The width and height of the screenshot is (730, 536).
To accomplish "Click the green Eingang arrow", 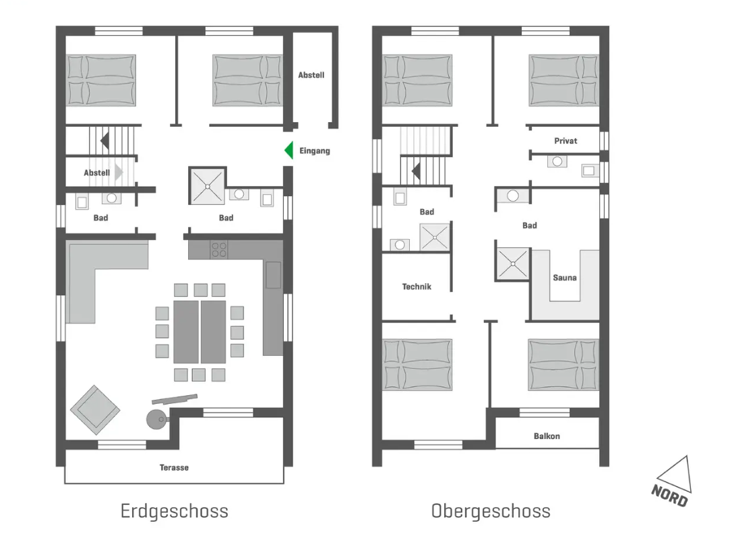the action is point(289,150).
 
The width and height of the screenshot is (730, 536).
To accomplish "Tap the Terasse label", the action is point(174,467).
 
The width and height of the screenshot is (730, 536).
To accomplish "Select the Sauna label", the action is point(565,278).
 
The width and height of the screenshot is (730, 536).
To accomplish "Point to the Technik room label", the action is point(417,287).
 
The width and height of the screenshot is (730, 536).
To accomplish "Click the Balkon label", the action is point(547,436).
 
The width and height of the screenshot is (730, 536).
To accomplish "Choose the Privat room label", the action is point(566,141).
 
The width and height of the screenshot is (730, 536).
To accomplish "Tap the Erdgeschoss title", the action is point(174,511).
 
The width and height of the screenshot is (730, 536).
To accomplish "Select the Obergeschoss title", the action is point(491,511).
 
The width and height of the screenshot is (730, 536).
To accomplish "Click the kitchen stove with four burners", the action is point(219,249).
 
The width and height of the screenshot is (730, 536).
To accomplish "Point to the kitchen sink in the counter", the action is point(273,275).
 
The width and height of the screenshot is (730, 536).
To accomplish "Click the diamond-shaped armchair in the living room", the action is point(95,410).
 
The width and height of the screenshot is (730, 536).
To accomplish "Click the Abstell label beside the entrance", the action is point(311,75).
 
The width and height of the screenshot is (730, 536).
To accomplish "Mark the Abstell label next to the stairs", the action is point(97,173).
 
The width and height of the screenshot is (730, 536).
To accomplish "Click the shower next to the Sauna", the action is point(512,264).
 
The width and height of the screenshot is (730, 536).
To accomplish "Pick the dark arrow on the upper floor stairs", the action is point(416,171).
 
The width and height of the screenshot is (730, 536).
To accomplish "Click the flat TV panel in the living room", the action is point(175,399).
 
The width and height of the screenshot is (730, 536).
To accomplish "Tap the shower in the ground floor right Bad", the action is point(207,186).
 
